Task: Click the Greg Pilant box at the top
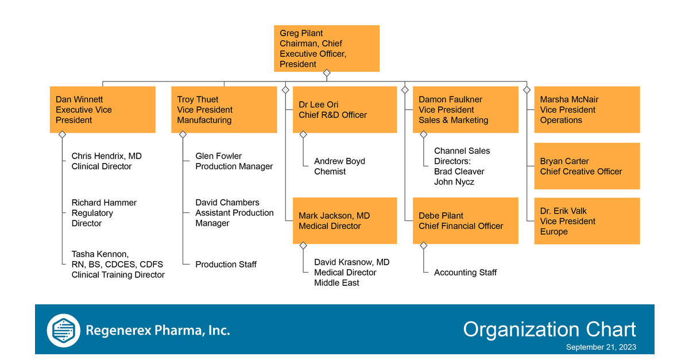[x=326, y=48]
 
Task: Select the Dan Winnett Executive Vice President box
[x=102, y=110]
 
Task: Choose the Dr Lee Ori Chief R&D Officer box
[x=344, y=110]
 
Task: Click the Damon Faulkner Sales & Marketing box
[x=465, y=110]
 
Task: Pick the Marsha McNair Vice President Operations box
[x=587, y=110]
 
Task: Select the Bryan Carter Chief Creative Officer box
[x=587, y=166]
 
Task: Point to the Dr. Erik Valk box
[x=587, y=221]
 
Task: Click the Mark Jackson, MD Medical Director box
[x=344, y=221]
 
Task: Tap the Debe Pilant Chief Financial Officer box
[x=465, y=221]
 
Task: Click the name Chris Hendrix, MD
[x=106, y=156]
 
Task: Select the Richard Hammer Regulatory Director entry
[x=103, y=213]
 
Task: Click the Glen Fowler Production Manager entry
[x=234, y=161]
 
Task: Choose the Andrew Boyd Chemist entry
[x=339, y=167]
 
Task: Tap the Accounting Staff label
[x=465, y=273]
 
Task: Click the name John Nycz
[x=454, y=182]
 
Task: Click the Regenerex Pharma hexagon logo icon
[x=64, y=330]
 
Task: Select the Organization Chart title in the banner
[x=549, y=330]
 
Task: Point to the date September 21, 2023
[x=601, y=347]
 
